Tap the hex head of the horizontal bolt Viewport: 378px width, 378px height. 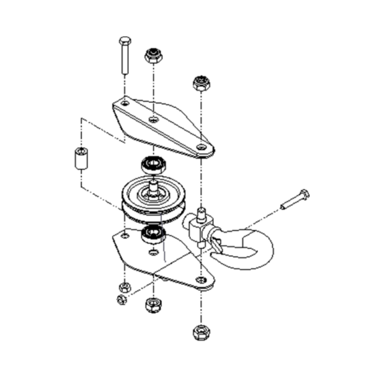(x=305, y=194)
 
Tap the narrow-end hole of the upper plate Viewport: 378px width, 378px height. (x=201, y=147)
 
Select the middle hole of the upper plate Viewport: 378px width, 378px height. (x=153, y=119)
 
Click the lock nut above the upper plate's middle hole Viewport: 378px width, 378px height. (x=153, y=55)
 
